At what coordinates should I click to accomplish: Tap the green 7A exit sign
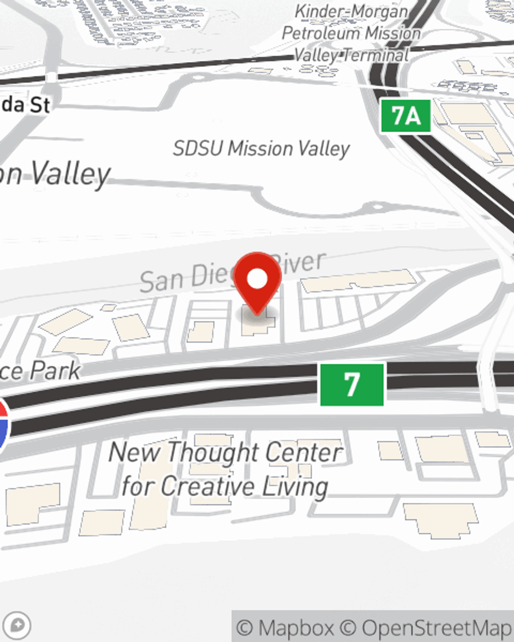(406, 116)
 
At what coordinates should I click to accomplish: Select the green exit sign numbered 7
(352, 384)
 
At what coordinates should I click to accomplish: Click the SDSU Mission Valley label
(261, 149)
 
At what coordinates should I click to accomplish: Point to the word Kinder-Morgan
(352, 12)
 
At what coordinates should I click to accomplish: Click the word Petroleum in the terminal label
(316, 33)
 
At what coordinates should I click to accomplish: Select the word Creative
(208, 486)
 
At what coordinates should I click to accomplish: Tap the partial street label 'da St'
(26, 105)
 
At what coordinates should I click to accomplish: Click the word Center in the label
(301, 452)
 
